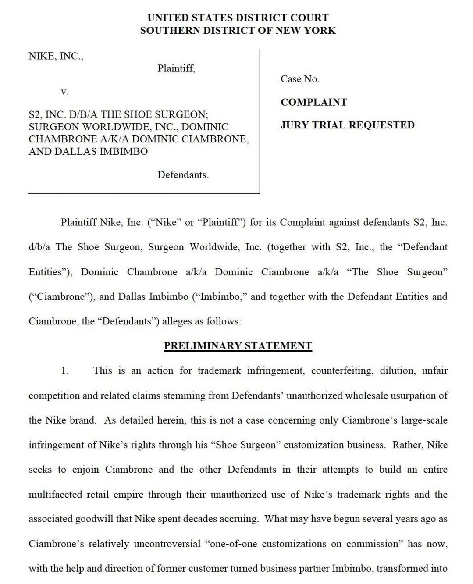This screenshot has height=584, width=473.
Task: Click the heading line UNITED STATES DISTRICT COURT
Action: point(238,18)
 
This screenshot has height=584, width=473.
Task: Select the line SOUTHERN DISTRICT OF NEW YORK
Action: point(238,31)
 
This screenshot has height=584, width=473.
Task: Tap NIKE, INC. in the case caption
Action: point(56,56)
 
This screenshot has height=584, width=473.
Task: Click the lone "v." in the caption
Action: point(64,92)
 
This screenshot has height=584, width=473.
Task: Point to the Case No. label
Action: point(300,79)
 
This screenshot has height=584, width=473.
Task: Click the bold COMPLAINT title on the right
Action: point(313,102)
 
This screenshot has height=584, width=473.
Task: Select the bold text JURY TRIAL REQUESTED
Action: point(347,125)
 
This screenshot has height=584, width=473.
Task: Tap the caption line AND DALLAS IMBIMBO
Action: point(88,152)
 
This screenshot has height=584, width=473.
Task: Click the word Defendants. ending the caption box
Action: point(183,175)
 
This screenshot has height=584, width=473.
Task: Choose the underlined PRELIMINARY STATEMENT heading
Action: point(238,346)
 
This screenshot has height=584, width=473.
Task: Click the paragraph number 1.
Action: point(65,371)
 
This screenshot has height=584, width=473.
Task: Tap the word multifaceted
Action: point(55,495)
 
